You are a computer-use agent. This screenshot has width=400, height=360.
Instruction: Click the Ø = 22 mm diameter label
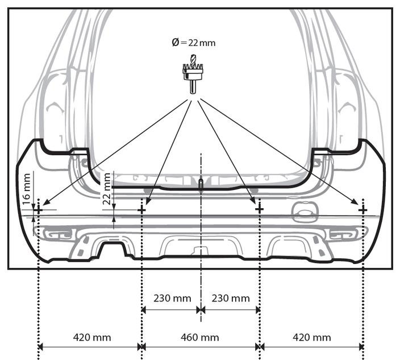click(x=194, y=43)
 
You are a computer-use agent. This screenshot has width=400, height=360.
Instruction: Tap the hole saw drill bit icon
click(x=193, y=74)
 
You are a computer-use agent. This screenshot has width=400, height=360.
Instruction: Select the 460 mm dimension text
click(x=200, y=337)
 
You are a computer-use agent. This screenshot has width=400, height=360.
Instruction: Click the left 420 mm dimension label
click(x=92, y=337)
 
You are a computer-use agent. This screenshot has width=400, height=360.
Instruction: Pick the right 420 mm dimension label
click(x=312, y=337)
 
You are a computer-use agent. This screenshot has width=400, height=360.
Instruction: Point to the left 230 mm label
click(x=172, y=298)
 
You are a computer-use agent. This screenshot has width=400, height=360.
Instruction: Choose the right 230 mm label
click(x=231, y=298)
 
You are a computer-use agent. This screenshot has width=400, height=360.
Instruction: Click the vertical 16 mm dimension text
click(x=27, y=189)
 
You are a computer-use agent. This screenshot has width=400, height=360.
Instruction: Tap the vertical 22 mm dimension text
click(x=107, y=189)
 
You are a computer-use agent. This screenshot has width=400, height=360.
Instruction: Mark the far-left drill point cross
click(x=39, y=210)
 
